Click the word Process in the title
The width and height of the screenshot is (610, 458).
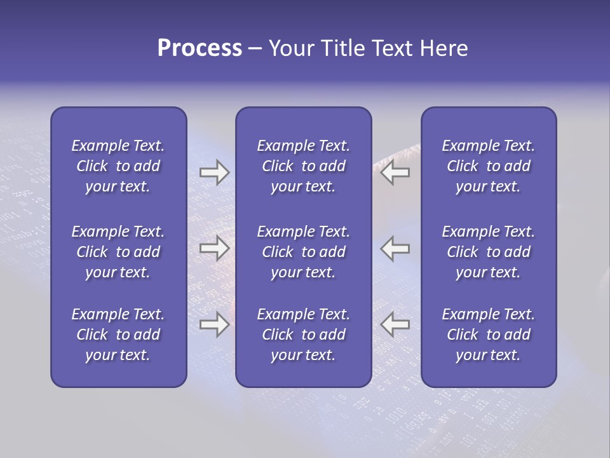click(200, 48)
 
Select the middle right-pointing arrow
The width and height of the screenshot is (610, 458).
click(215, 248)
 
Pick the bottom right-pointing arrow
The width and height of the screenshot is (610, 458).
click(215, 324)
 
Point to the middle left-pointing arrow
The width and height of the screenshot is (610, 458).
click(395, 248)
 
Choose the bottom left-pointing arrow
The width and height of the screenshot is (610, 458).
click(395, 324)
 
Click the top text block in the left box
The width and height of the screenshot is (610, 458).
click(118, 166)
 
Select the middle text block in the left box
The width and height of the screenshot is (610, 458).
click(118, 252)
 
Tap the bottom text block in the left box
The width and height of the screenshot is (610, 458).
click(118, 335)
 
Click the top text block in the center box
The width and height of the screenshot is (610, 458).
click(304, 166)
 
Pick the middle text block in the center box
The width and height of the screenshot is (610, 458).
click(304, 252)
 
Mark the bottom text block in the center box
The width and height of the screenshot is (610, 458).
click(304, 335)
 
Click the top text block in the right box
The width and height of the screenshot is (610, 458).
click(489, 166)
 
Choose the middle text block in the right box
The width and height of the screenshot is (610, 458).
click(489, 252)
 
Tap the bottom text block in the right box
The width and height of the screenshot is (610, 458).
click(489, 335)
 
